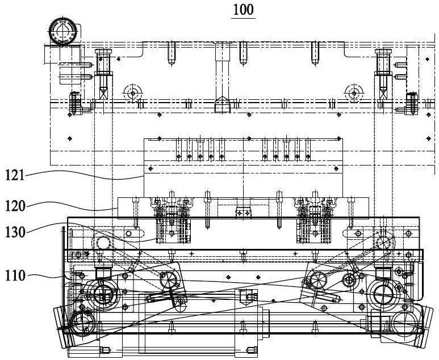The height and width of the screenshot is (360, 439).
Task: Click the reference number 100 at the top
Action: pos(243,10)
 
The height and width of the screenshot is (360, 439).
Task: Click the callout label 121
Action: pos(15,176)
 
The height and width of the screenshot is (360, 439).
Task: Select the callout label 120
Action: pos(15,206)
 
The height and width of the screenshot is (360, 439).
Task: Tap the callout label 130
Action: pos(15,232)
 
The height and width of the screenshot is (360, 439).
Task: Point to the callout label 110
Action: pos(15,276)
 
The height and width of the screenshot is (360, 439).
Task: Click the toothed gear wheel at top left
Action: pos(62,31)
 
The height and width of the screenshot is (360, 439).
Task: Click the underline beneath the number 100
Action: pos(243,18)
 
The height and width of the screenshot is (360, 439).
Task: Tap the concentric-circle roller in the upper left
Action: pos(132,93)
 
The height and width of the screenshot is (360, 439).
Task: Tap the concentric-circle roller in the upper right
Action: pos(354,93)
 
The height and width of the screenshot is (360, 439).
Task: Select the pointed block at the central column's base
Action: pos(222,104)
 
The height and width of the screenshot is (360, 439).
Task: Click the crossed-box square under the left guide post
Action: pos(103,93)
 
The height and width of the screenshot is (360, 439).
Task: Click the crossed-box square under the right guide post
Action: pos(383,93)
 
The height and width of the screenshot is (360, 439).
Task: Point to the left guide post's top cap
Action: pos(103,51)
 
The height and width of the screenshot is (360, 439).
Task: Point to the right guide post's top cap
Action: pos(383,51)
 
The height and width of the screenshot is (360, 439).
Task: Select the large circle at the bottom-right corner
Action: pos(403,323)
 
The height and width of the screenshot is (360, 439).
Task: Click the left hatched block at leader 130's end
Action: pos(173,230)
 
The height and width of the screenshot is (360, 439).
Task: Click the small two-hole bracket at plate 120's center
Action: pos(243,212)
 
